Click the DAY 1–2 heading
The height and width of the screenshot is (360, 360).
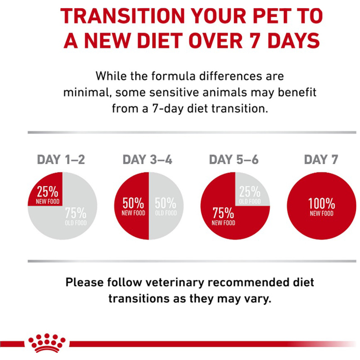(x=60, y=160)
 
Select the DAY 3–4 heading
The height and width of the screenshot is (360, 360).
(x=147, y=160)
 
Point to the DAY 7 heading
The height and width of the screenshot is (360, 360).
(x=321, y=160)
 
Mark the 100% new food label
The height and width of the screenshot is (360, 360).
(x=321, y=207)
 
